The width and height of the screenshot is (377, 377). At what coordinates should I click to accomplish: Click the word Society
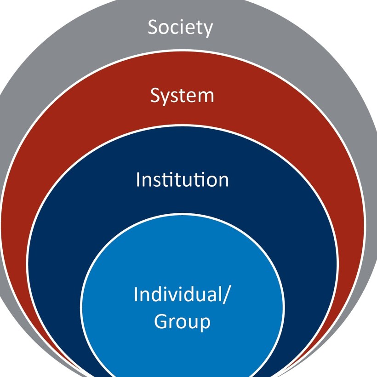(x=180, y=28)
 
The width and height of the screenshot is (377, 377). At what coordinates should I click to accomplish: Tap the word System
(x=182, y=96)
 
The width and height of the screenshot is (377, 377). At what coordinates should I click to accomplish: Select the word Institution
(x=182, y=179)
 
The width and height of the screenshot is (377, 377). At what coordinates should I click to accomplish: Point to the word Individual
(x=177, y=294)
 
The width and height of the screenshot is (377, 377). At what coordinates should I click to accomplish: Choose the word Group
(x=182, y=321)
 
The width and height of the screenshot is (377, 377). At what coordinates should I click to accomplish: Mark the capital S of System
(x=155, y=96)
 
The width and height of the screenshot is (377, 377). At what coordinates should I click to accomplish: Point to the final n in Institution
(x=223, y=181)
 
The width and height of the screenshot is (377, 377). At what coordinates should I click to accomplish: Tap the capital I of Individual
(x=136, y=294)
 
